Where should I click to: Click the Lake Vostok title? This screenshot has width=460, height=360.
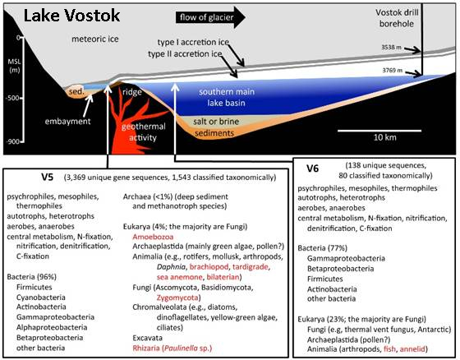click(71, 16)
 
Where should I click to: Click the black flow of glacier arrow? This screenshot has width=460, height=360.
click(210, 17)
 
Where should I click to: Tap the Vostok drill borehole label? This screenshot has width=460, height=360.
click(397, 18)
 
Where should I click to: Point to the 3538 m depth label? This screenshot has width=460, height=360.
click(391, 47)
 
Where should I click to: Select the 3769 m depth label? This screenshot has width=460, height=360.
click(393, 71)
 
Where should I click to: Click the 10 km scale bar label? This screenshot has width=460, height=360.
click(385, 137)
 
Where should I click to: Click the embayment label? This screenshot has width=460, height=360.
click(67, 122)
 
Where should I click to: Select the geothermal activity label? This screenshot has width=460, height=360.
click(144, 132)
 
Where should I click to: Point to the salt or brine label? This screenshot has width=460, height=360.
click(216, 122)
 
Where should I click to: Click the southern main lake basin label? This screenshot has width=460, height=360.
click(227, 97)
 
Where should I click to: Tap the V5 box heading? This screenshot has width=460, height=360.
click(48, 178)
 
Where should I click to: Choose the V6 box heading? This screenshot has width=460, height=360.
click(313, 168)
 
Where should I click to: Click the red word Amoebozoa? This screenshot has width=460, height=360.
click(153, 237)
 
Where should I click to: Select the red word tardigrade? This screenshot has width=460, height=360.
click(251, 267)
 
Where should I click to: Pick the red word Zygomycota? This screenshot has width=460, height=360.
click(177, 298)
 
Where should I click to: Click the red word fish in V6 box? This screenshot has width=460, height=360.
click(389, 348)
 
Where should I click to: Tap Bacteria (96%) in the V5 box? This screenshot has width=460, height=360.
click(32, 277)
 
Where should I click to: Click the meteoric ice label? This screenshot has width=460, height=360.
click(95, 39)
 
